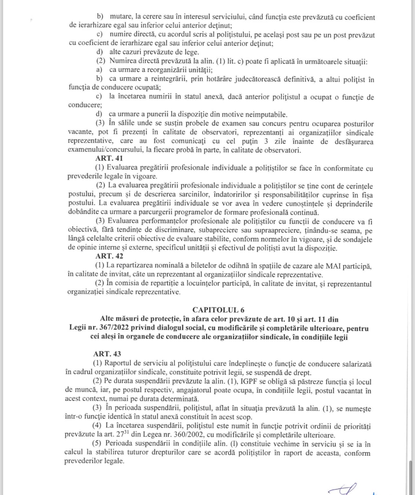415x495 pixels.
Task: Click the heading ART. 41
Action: point(109,158)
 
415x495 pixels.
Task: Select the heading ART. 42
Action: point(109,256)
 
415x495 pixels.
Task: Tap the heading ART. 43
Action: point(107,354)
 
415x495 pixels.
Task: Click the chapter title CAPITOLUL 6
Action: point(218,310)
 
